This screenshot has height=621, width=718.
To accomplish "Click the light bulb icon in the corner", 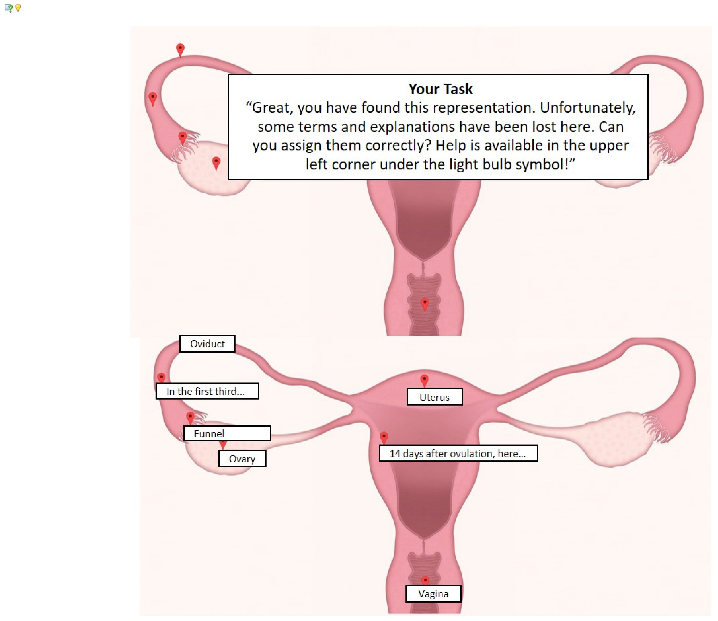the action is [x=18, y=8].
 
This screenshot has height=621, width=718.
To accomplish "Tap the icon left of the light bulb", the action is [x=9, y=8].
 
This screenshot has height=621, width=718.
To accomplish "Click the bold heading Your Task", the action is [x=440, y=89].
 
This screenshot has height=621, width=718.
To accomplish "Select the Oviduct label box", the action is [x=207, y=344].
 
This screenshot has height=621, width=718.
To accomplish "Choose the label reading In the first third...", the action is [x=207, y=391].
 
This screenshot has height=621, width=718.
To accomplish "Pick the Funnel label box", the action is [x=227, y=433].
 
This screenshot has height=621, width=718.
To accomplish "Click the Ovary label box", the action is [x=242, y=459].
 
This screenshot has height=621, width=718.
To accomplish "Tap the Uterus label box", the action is [x=435, y=397].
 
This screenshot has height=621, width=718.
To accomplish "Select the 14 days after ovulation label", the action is [x=458, y=454].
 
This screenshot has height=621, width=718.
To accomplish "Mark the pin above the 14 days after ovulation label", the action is [x=384, y=438].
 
